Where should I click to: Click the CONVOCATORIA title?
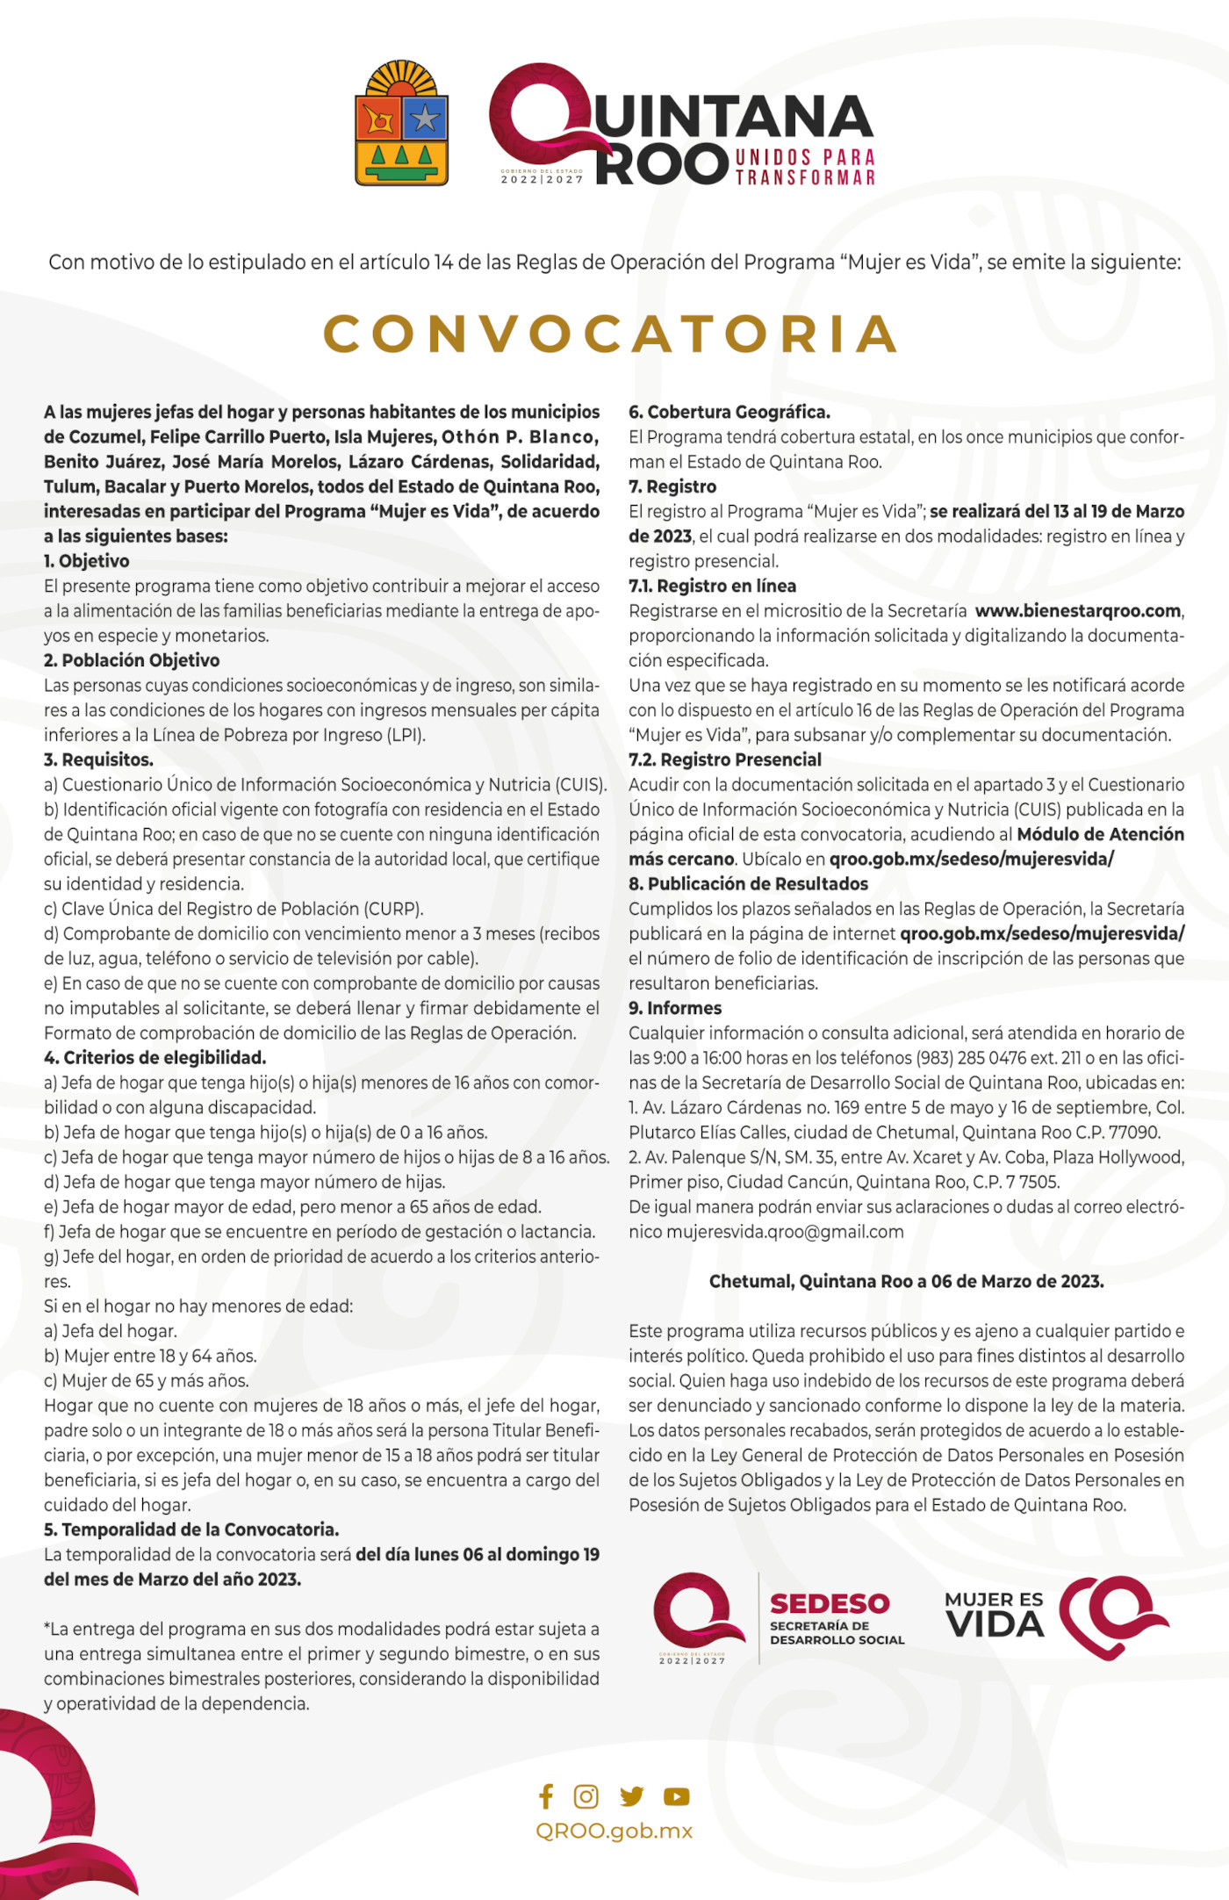612,335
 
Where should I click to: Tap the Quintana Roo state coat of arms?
402,125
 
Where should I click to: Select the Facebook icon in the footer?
546,1796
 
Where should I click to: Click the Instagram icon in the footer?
586,1796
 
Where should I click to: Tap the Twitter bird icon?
631,1796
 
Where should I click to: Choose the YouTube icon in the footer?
676,1796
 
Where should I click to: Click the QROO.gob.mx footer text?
614,1831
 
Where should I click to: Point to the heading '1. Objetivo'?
87,561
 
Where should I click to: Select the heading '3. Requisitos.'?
98,759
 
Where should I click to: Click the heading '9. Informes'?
675,1008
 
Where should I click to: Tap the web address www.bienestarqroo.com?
1078,611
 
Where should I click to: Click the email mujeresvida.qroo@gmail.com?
786,1232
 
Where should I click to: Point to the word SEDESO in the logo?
830,1604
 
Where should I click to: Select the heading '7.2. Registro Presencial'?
725,759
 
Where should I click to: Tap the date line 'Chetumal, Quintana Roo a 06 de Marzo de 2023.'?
906,1282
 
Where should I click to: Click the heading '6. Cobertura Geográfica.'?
729,412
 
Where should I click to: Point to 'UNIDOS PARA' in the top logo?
805,158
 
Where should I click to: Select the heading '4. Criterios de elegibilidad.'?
155,1058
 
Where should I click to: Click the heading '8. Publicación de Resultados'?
748,884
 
